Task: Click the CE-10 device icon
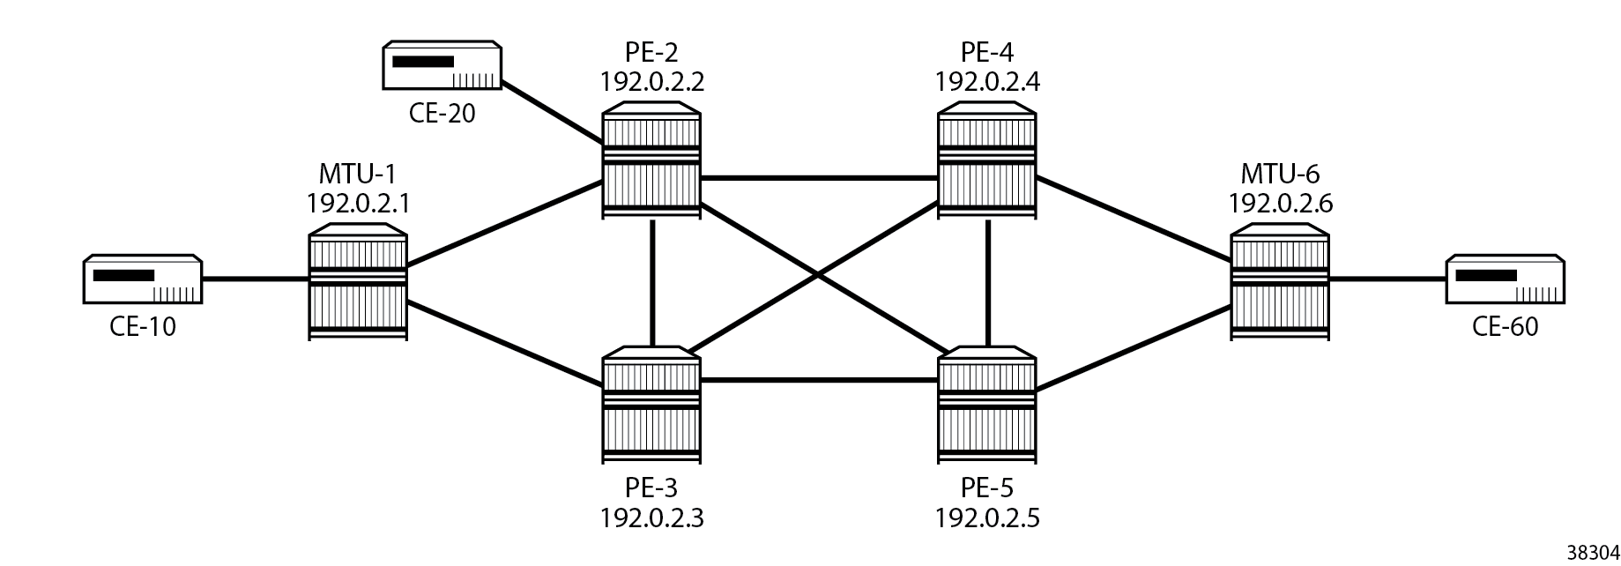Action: click(143, 280)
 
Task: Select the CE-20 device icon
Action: click(442, 65)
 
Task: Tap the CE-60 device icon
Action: click(1505, 280)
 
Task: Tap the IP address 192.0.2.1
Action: click(358, 205)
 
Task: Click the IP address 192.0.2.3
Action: click(652, 517)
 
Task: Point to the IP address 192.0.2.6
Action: click(1280, 205)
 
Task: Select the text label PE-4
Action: click(987, 53)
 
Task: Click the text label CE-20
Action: click(442, 114)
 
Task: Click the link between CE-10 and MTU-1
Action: click(256, 280)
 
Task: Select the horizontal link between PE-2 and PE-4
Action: click(820, 178)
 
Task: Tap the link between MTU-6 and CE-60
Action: click(1387, 280)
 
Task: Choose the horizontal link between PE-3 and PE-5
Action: click(820, 381)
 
